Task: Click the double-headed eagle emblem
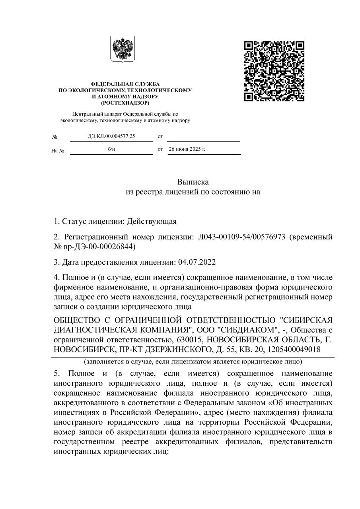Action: [x=123, y=49]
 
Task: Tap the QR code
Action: [x=274, y=71]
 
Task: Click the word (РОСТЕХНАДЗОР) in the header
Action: [x=125, y=103]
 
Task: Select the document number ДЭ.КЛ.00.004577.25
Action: [x=111, y=136]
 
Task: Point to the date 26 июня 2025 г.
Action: [x=187, y=149]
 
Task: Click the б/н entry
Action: [x=111, y=149]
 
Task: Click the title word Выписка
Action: [x=193, y=182]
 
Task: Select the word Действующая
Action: [x=152, y=221]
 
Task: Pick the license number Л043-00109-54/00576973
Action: [x=241, y=237]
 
